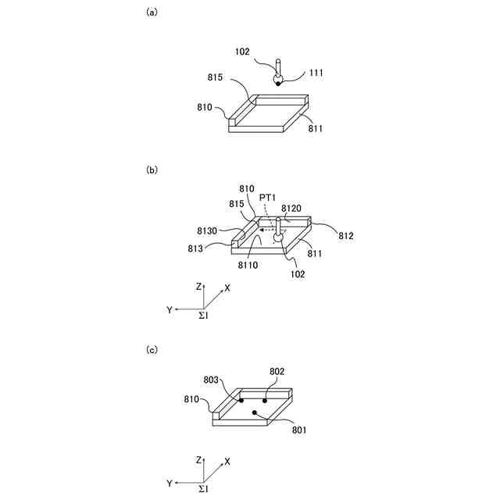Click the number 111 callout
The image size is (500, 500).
(316, 73)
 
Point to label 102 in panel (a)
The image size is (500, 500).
(243, 52)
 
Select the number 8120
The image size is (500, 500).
(291, 209)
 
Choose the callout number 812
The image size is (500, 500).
(346, 234)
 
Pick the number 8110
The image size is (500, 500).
(248, 266)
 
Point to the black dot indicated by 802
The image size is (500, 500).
(265, 400)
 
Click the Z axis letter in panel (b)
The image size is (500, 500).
(199, 287)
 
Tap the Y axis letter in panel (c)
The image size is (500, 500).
(169, 484)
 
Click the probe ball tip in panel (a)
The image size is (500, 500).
(277, 81)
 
